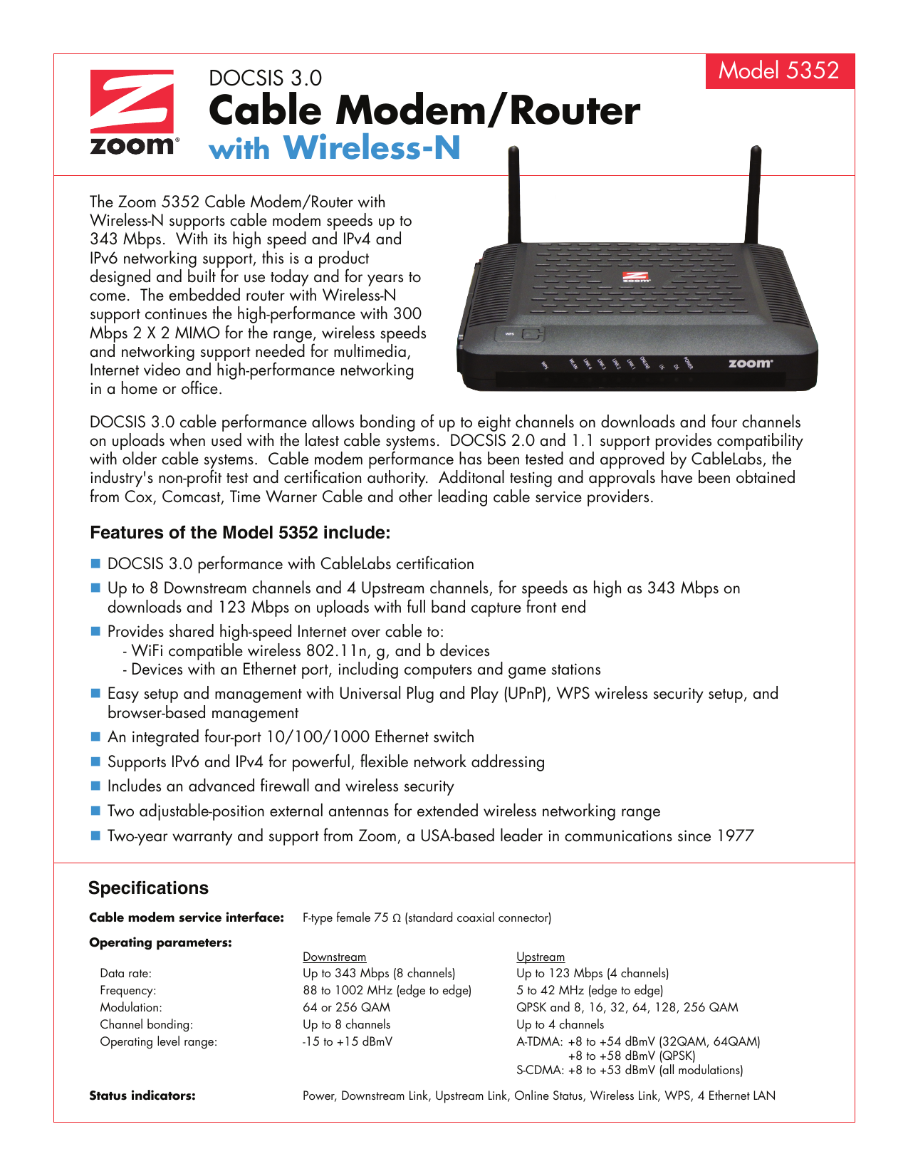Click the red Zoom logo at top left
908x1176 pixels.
[x=132, y=111]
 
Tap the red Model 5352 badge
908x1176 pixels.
[x=779, y=71]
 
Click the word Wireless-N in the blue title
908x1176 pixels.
[x=372, y=148]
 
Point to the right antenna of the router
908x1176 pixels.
[x=755, y=196]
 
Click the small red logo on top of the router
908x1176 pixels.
[x=636, y=277]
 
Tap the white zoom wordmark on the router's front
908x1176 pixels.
[x=750, y=363]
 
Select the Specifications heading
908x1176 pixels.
[x=148, y=888]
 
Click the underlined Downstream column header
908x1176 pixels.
[x=334, y=957]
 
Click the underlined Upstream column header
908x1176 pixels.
[x=540, y=957]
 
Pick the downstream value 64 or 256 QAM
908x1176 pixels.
[x=346, y=1007]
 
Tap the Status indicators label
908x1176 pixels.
[x=142, y=1096]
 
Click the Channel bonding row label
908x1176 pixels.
[x=146, y=1024]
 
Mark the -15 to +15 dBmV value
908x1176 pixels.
[x=347, y=1041]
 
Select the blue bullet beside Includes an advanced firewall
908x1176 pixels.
[x=96, y=786]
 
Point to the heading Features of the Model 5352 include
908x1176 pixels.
[x=239, y=533]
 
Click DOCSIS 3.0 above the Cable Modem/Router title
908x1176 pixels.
[x=265, y=78]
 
